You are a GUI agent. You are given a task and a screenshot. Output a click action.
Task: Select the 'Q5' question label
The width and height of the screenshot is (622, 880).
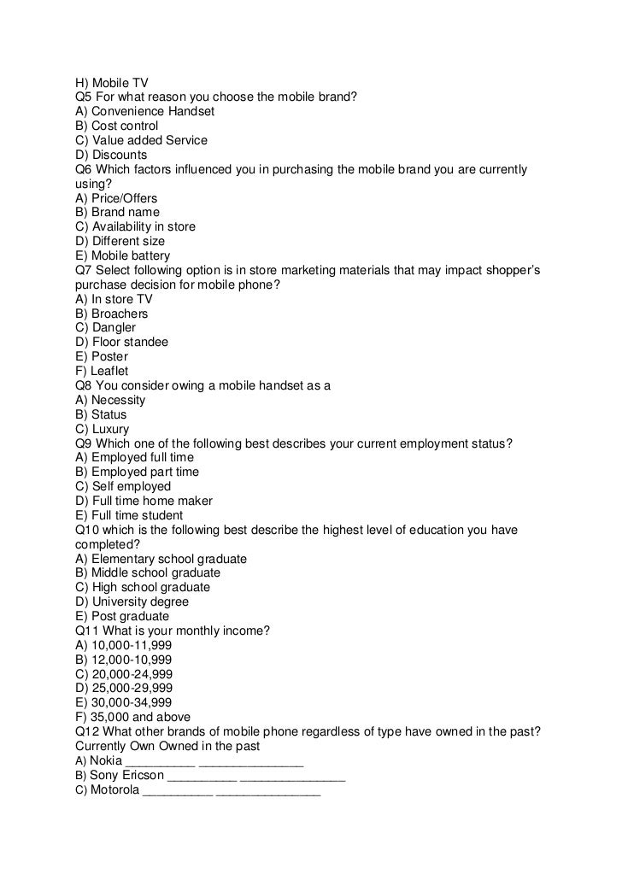point(84,97)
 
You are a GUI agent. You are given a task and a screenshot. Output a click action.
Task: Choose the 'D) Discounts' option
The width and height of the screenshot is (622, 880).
point(111,155)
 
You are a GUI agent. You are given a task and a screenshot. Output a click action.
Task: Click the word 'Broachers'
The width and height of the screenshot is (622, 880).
point(120,314)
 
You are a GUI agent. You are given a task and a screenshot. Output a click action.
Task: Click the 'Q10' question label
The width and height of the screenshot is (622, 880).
point(87,530)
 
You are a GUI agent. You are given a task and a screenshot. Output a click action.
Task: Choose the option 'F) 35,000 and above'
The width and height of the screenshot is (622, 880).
point(133,717)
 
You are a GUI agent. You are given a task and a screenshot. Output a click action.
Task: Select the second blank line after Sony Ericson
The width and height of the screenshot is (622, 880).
point(292,778)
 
